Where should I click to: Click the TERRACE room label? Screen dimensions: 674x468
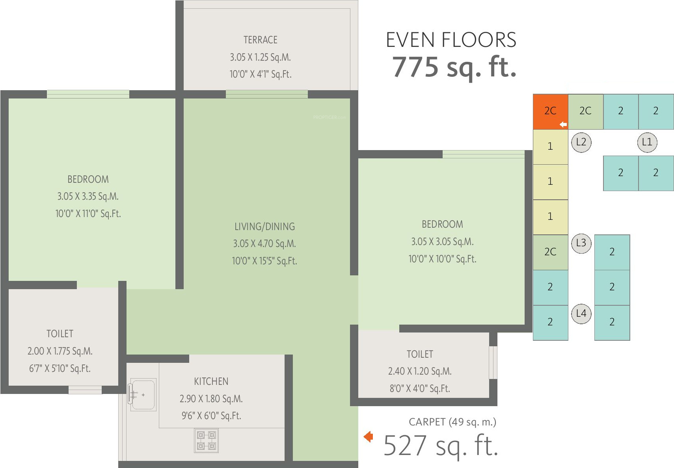260,40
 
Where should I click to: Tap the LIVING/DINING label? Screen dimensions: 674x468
264,227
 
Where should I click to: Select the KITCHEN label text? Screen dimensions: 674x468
211,381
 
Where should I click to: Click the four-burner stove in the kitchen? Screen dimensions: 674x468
206,441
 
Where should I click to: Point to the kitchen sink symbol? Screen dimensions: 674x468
142,394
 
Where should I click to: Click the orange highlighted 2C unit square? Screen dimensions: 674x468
550,111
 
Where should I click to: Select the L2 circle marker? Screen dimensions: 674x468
581,142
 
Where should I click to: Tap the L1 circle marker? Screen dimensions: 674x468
647,142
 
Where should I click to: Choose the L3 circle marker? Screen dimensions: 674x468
581,243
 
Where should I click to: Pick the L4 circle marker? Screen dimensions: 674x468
581,314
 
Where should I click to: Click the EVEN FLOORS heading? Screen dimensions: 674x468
451,40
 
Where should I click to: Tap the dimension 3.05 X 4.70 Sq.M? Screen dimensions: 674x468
264,243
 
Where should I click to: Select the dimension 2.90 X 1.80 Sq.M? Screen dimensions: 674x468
211,399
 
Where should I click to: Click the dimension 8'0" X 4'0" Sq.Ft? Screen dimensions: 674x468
420,388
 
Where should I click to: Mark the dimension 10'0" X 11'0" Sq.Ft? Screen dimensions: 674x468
88,214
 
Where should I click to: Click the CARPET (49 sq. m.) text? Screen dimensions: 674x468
452,422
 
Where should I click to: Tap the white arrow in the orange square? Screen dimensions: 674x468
563,124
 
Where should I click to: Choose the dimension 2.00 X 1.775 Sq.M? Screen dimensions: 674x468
60,351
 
